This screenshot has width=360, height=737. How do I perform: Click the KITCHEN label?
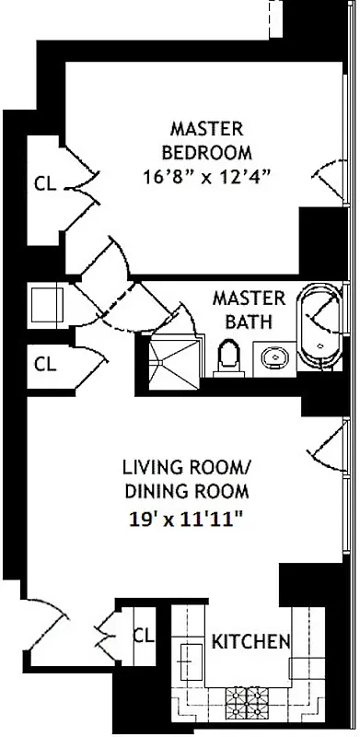pyautogui.click(x=251, y=641)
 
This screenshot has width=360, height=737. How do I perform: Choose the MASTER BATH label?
pyautogui.click(x=242, y=310)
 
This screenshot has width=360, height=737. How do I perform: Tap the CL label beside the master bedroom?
pyautogui.click(x=44, y=182)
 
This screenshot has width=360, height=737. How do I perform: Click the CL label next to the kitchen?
pyautogui.click(x=143, y=635)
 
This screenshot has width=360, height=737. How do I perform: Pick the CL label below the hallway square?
pyautogui.click(x=44, y=363)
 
